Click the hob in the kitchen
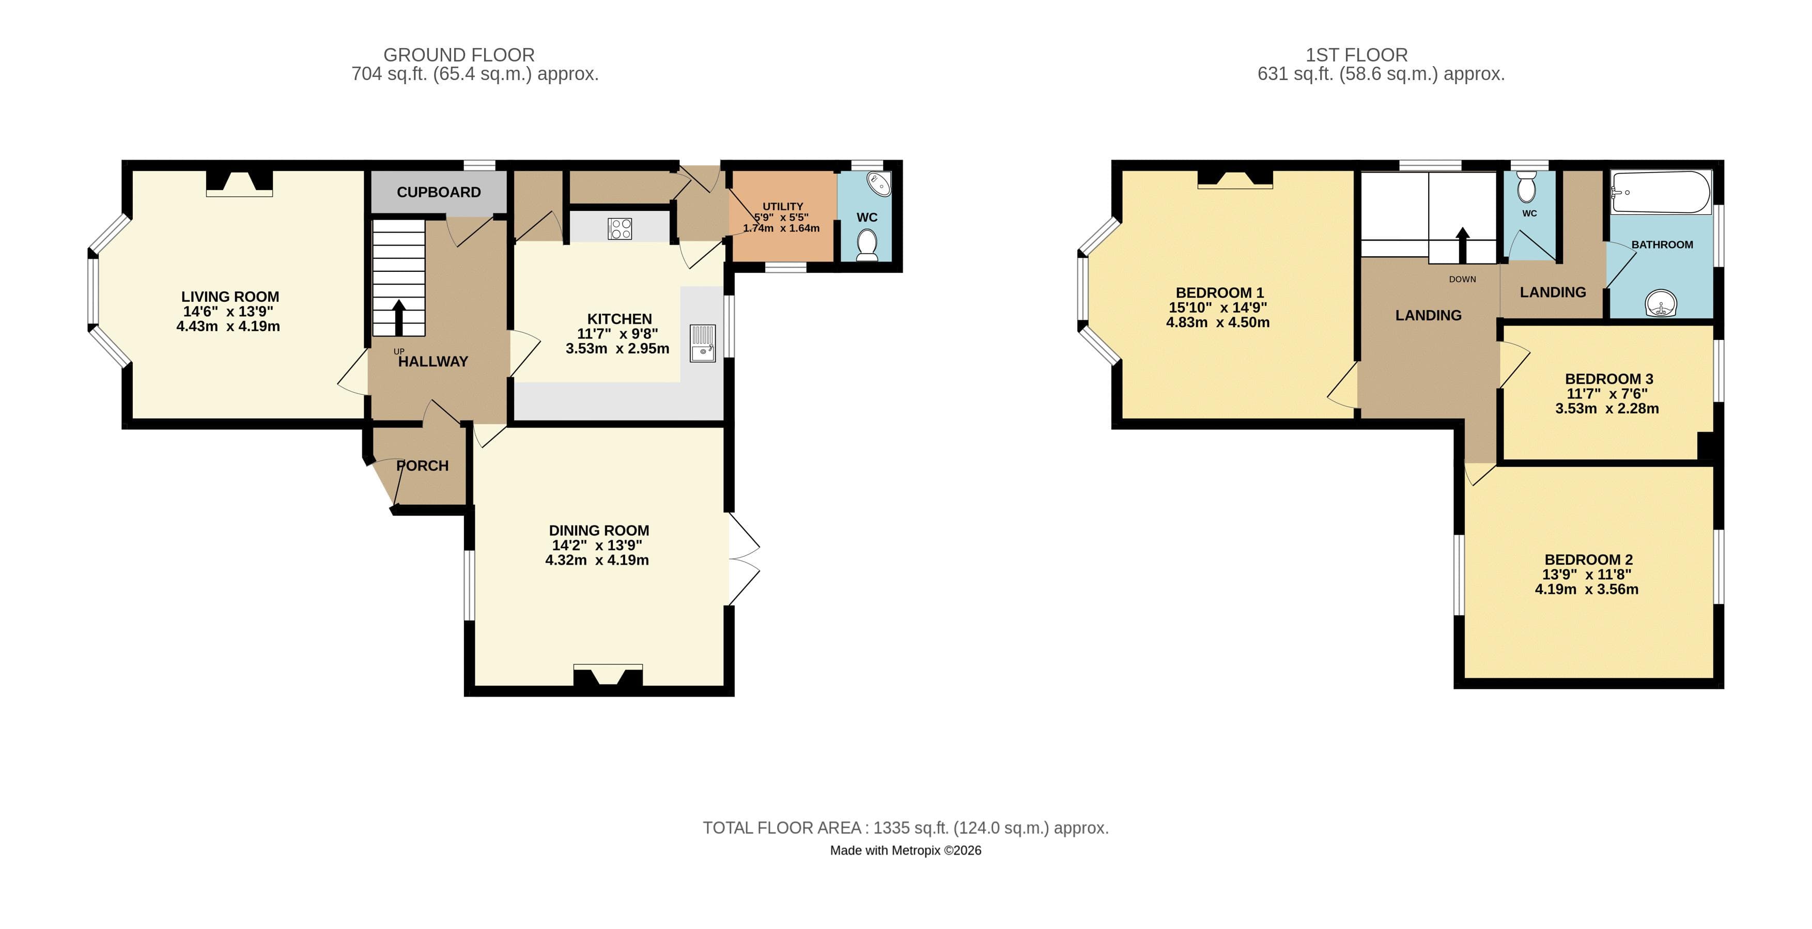[x=620, y=228]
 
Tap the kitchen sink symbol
[x=703, y=343]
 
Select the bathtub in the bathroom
[x=1661, y=192]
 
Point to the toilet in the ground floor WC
[x=868, y=245]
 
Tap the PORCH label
[x=422, y=466]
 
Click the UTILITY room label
[x=782, y=207]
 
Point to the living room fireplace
[x=239, y=182]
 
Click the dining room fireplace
[x=608, y=676]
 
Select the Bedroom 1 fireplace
[x=1235, y=180]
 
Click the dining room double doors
[x=744, y=560]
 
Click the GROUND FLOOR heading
[x=459, y=55]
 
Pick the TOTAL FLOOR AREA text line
[x=905, y=828]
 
